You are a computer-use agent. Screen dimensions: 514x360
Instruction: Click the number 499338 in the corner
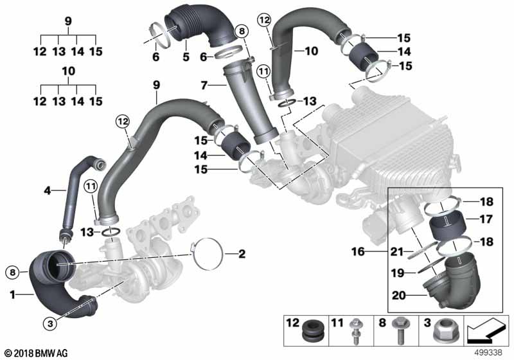[x=488, y=352]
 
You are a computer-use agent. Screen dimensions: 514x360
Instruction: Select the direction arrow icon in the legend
[x=486, y=330]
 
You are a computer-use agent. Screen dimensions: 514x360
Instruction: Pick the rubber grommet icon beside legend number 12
[x=314, y=331]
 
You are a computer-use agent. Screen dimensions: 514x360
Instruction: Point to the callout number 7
[x=204, y=85]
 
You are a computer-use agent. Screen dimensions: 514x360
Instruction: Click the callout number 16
[x=358, y=251]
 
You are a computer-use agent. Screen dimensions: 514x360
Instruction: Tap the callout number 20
[x=398, y=296]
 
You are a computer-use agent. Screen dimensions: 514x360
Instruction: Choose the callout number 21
[x=396, y=251]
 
